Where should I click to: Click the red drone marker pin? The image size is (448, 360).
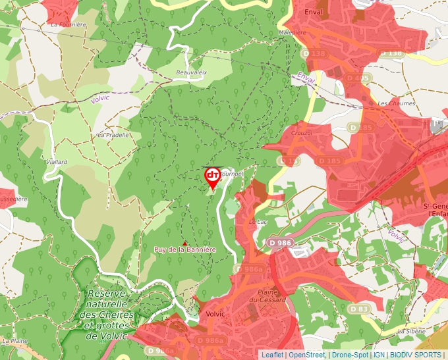(213, 176)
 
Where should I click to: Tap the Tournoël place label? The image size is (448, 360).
(231, 174)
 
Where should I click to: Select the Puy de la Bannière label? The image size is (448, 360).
(184, 249)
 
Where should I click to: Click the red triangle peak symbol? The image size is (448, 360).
(184, 243)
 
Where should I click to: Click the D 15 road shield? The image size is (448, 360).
(288, 160)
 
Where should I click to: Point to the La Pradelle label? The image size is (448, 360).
(111, 134)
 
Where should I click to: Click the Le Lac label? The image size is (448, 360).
(257, 222)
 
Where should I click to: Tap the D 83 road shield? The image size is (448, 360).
(360, 309)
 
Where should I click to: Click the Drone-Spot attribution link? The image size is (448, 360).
(350, 355)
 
